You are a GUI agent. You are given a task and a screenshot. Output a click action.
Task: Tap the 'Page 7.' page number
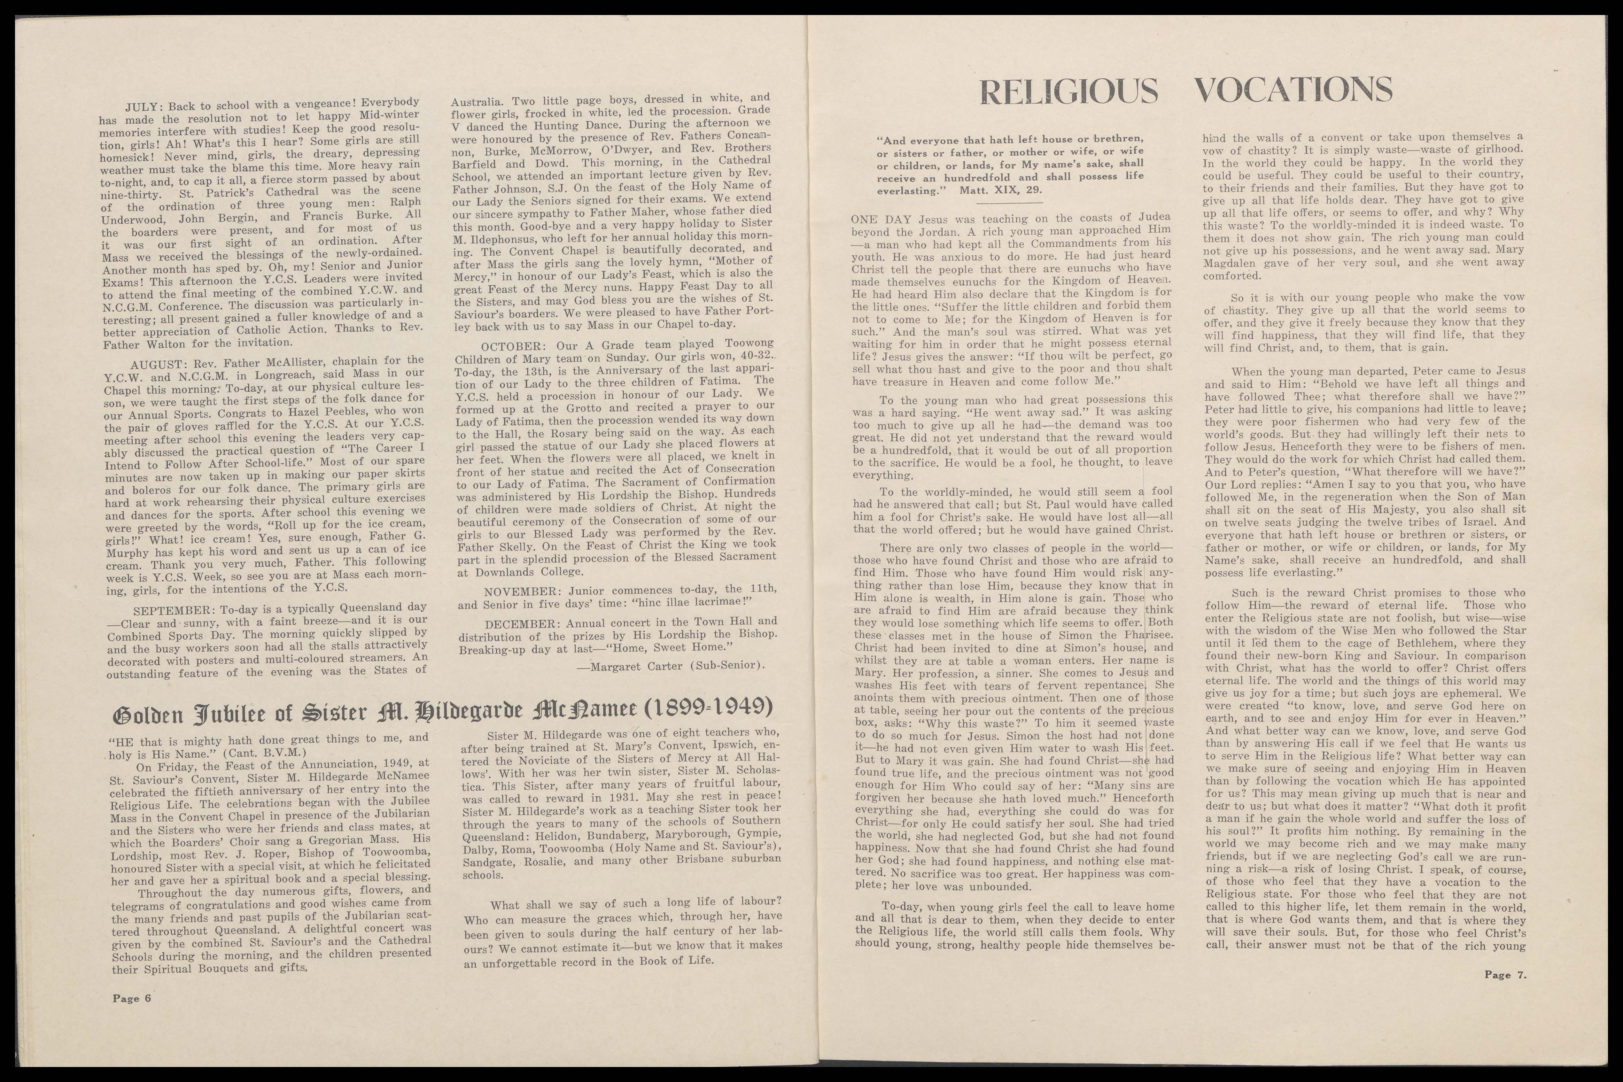(x=1506, y=975)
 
